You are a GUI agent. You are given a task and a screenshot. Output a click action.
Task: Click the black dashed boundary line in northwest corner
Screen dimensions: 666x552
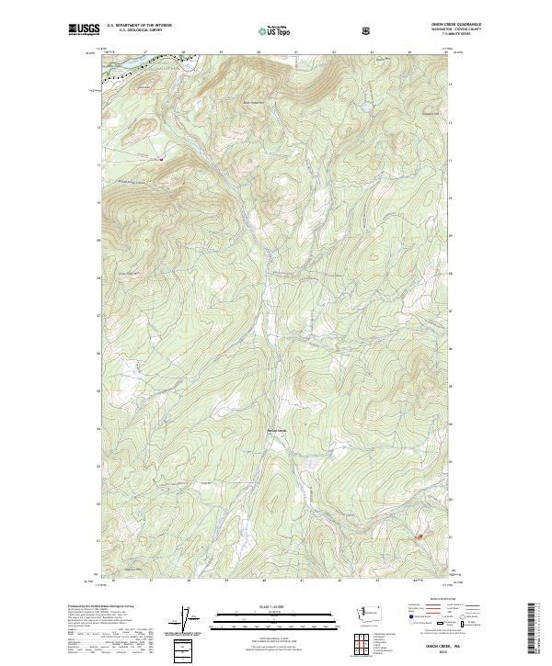click(124, 73)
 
